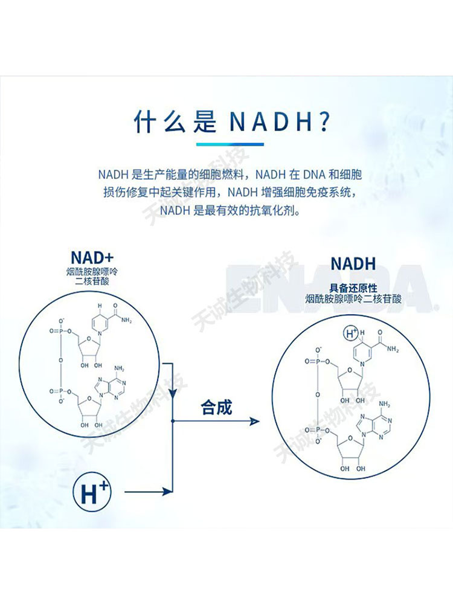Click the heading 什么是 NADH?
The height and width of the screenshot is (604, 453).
point(231,122)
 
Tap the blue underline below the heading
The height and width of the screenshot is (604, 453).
point(230,144)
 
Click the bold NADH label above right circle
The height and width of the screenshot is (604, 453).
point(353,263)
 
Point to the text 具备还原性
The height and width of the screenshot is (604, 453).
point(353,288)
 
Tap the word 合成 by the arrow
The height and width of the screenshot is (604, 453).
point(216,408)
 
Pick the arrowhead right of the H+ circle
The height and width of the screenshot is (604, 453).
point(170,492)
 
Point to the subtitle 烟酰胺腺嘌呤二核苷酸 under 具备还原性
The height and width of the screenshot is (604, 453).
point(353,299)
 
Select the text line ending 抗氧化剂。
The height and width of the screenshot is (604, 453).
point(230,211)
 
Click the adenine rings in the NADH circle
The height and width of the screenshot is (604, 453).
point(374,423)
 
